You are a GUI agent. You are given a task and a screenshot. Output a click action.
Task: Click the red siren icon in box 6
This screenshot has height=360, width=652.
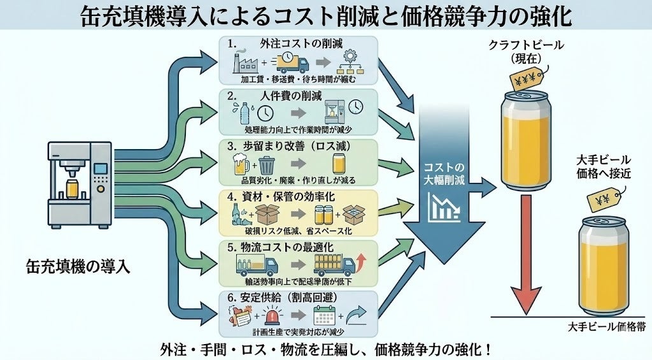pos(268,316)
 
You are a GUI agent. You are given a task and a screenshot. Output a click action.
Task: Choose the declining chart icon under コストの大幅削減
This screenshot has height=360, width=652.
pos(445,208)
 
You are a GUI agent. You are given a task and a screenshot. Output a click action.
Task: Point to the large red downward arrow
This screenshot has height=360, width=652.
pos(525,255)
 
